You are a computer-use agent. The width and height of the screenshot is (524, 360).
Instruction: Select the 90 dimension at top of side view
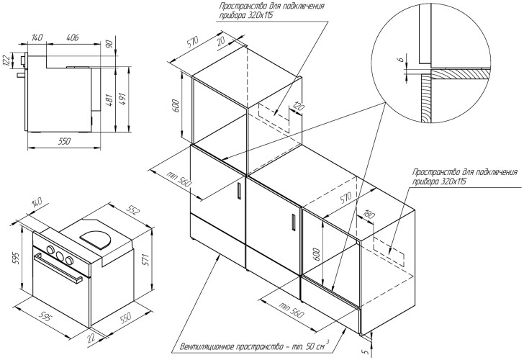pyautogui.click(x=109, y=45)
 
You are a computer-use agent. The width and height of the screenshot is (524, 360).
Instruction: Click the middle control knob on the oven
pyautogui.click(x=59, y=255)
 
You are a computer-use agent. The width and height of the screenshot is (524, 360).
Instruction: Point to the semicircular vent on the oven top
pyautogui.click(x=94, y=238)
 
